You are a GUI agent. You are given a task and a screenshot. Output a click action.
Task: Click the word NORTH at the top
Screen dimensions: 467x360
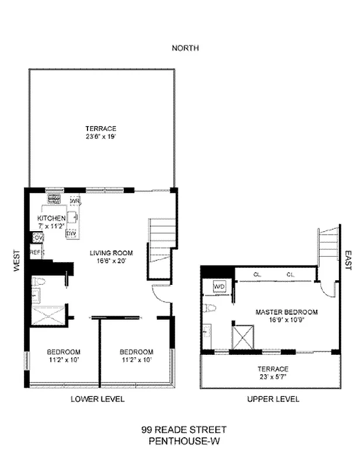pyautogui.click(x=185, y=48)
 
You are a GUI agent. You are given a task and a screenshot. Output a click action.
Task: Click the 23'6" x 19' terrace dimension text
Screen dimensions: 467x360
pyautogui.click(x=101, y=137)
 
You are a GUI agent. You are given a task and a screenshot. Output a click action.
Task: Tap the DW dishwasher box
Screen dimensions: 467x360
pyautogui.click(x=71, y=233)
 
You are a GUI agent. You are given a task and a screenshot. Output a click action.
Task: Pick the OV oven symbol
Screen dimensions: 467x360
pyautogui.click(x=38, y=238)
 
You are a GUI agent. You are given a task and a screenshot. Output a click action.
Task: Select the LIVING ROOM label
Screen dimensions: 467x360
pyautogui.click(x=111, y=253)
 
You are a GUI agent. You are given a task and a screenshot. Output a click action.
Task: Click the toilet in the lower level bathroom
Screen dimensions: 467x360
pyautogui.click(x=39, y=283)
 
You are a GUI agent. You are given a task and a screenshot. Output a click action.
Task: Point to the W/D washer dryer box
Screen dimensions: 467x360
pyautogui.click(x=219, y=287)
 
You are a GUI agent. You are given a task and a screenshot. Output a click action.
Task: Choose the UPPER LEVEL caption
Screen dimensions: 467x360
pyautogui.click(x=273, y=399)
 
